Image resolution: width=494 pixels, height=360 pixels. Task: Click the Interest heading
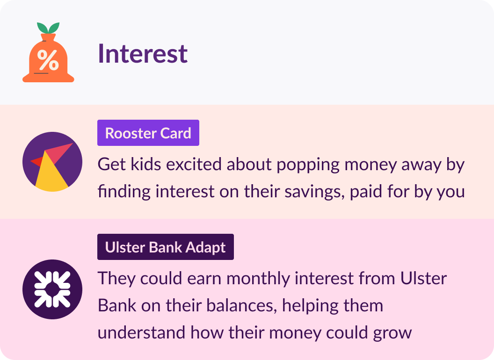tap(143, 54)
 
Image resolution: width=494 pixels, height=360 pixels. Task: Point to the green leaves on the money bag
tap(48, 28)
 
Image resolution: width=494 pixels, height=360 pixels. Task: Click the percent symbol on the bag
tap(48, 60)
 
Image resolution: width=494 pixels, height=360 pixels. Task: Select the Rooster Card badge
tap(148, 133)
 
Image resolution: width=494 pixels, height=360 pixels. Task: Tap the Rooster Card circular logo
tap(52, 162)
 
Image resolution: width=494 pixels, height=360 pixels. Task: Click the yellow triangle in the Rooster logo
tap(51, 173)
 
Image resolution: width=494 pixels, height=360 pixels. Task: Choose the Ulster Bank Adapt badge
tap(166, 247)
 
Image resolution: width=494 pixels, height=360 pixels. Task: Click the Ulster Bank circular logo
tap(52, 289)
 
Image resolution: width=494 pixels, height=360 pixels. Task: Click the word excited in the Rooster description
tap(194, 165)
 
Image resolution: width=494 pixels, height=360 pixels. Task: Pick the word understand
tap(141, 332)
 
